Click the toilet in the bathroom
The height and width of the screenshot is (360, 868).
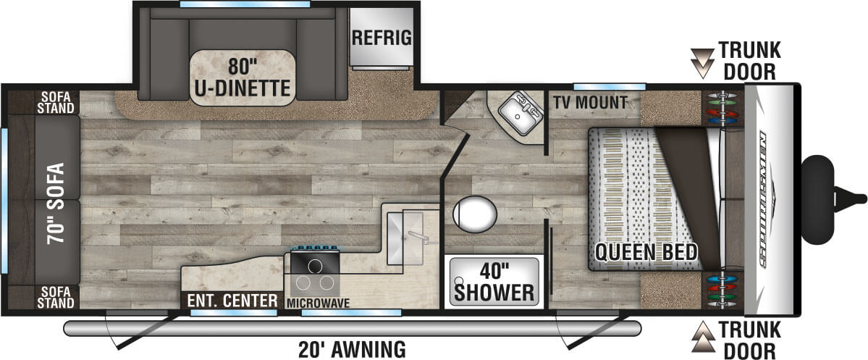[x=475, y=214]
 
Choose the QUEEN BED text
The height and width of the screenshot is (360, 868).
[x=646, y=252]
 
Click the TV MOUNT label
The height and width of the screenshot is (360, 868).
[x=591, y=103]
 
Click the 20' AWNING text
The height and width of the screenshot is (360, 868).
[x=352, y=349]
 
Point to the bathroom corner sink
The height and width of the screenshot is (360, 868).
[x=518, y=111]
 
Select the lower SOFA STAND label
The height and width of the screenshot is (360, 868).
[x=57, y=297]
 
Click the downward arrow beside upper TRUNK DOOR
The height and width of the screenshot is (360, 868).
[x=702, y=63]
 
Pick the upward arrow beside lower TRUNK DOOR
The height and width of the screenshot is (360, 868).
[x=702, y=337]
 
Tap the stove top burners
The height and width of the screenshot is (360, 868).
[x=315, y=272]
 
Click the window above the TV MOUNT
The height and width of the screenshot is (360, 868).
[x=609, y=86]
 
